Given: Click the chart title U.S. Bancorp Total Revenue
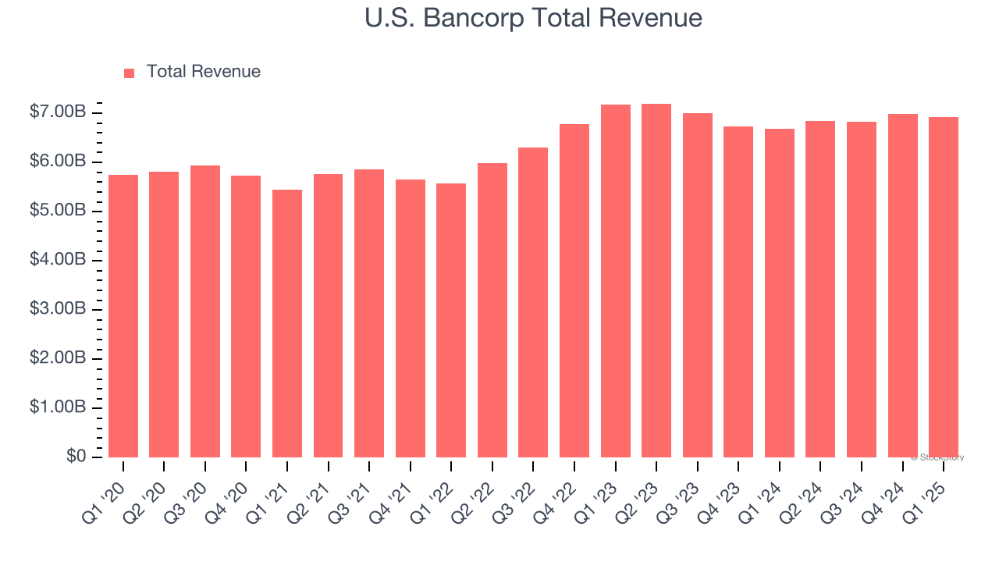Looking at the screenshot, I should tap(533, 18).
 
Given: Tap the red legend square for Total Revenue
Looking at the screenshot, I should tap(130, 73).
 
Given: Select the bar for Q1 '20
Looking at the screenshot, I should tap(123, 316).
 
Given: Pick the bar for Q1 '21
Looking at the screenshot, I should tap(287, 323).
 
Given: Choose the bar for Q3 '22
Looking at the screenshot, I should tap(533, 302).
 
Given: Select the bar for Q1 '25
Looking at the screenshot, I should tap(943, 287).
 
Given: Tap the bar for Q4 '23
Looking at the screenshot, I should tap(738, 292).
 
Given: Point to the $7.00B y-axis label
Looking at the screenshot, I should tap(58, 112).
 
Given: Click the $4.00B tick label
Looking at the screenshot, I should tap(58, 260).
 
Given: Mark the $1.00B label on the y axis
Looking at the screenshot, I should tap(58, 407).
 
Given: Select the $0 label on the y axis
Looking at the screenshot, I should tap(76, 456).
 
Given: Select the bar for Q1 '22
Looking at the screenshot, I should tap(451, 320).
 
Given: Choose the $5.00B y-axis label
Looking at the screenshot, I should tap(58, 211).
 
